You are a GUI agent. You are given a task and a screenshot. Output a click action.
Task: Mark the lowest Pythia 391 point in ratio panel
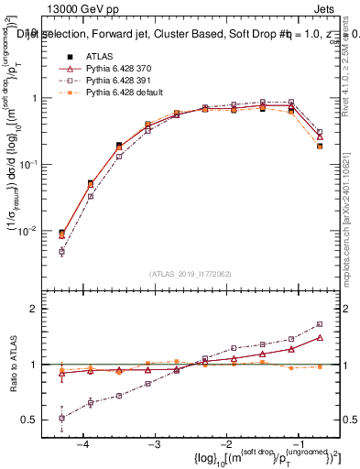point(61,418)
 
